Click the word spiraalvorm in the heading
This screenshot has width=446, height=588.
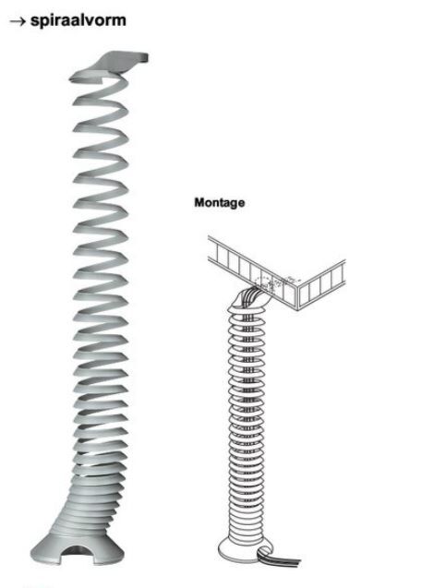coord(78,20)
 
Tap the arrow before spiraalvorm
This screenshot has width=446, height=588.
coord(18,22)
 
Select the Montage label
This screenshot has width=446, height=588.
coord(220,203)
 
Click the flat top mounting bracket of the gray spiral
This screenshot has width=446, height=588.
coord(121,61)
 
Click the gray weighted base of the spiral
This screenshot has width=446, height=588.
coord(78,548)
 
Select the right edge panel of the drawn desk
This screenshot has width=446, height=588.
coord(321,284)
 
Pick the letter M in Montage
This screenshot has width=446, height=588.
coord(200,202)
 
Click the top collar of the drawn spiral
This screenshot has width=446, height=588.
coord(247,305)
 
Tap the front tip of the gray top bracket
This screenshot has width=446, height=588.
coord(146,58)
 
